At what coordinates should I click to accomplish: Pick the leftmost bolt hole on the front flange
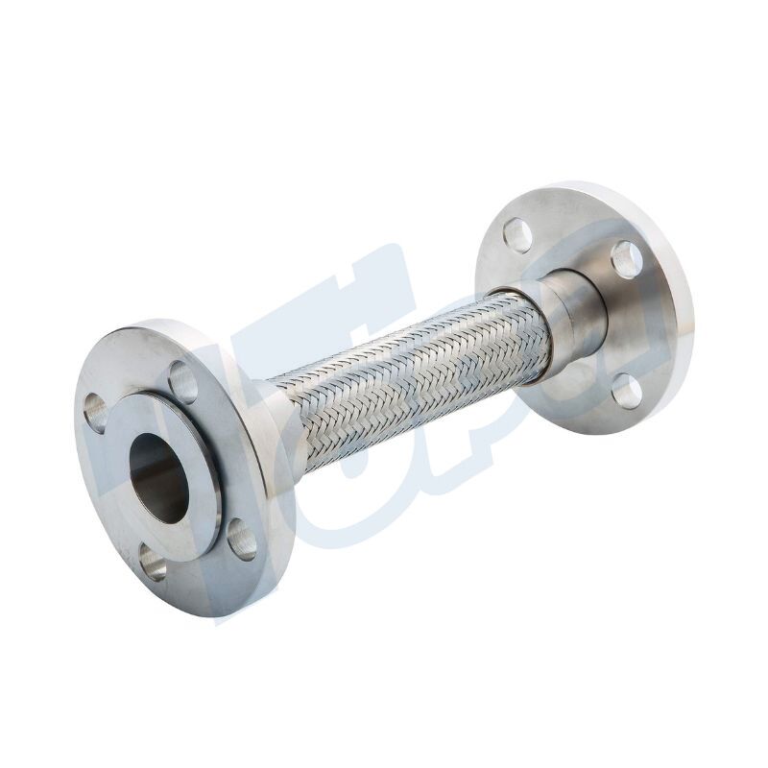[x=96, y=412]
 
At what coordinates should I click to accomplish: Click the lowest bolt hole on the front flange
[x=152, y=561]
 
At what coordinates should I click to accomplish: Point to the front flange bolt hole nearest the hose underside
[x=242, y=539]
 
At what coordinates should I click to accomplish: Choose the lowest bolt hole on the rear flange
[x=625, y=391]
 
